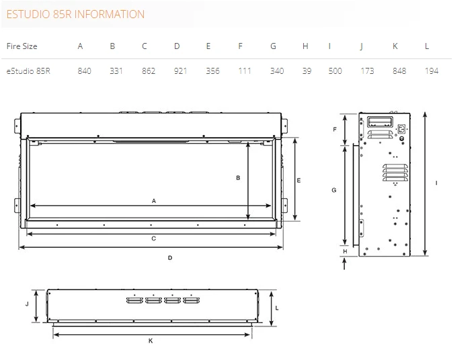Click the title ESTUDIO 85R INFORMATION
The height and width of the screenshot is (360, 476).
[x=75, y=14]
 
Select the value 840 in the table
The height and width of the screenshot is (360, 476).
[x=85, y=71]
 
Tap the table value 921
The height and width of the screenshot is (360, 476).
[x=180, y=71]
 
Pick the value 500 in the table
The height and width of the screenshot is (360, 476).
[x=335, y=71]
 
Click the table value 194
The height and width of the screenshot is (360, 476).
[x=432, y=71]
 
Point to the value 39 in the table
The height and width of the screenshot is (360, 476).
[x=307, y=71]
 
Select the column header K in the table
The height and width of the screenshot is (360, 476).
[x=395, y=46]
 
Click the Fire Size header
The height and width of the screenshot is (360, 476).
[x=22, y=46]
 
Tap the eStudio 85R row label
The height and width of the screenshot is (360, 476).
[x=28, y=71]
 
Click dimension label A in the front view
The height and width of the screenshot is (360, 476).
[x=154, y=201]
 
